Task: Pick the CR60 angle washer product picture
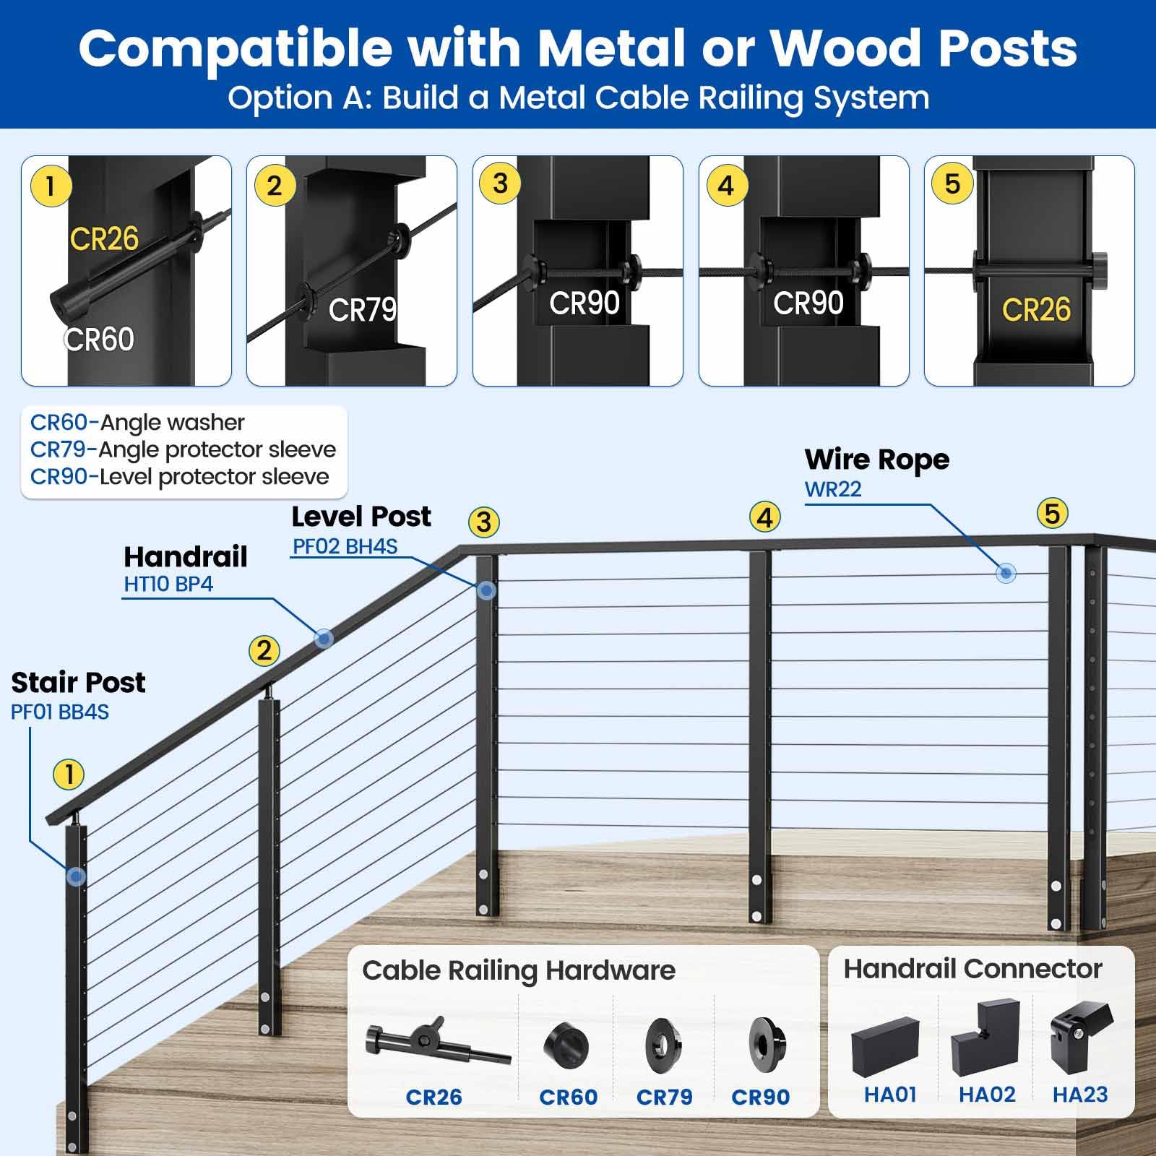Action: (x=566, y=1045)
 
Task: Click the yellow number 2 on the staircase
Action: (x=264, y=651)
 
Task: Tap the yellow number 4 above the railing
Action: (x=765, y=517)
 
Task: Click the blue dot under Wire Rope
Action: (x=1006, y=574)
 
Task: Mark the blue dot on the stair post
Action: (x=76, y=877)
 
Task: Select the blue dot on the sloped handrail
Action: (x=323, y=638)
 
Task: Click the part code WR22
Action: (x=833, y=490)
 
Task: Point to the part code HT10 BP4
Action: (x=168, y=584)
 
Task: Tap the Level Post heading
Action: (x=361, y=517)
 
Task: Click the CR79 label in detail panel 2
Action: (x=363, y=311)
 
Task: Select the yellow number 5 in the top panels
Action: (x=952, y=184)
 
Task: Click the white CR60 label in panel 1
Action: (x=99, y=339)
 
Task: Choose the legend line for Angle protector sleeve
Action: (x=183, y=449)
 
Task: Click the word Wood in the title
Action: (x=846, y=49)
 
